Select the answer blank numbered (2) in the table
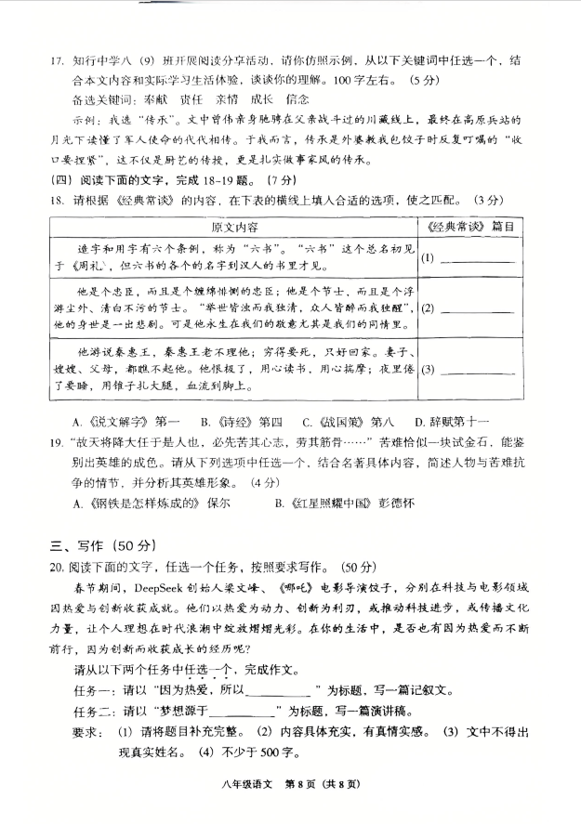(x=481, y=307)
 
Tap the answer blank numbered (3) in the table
(x=481, y=369)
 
